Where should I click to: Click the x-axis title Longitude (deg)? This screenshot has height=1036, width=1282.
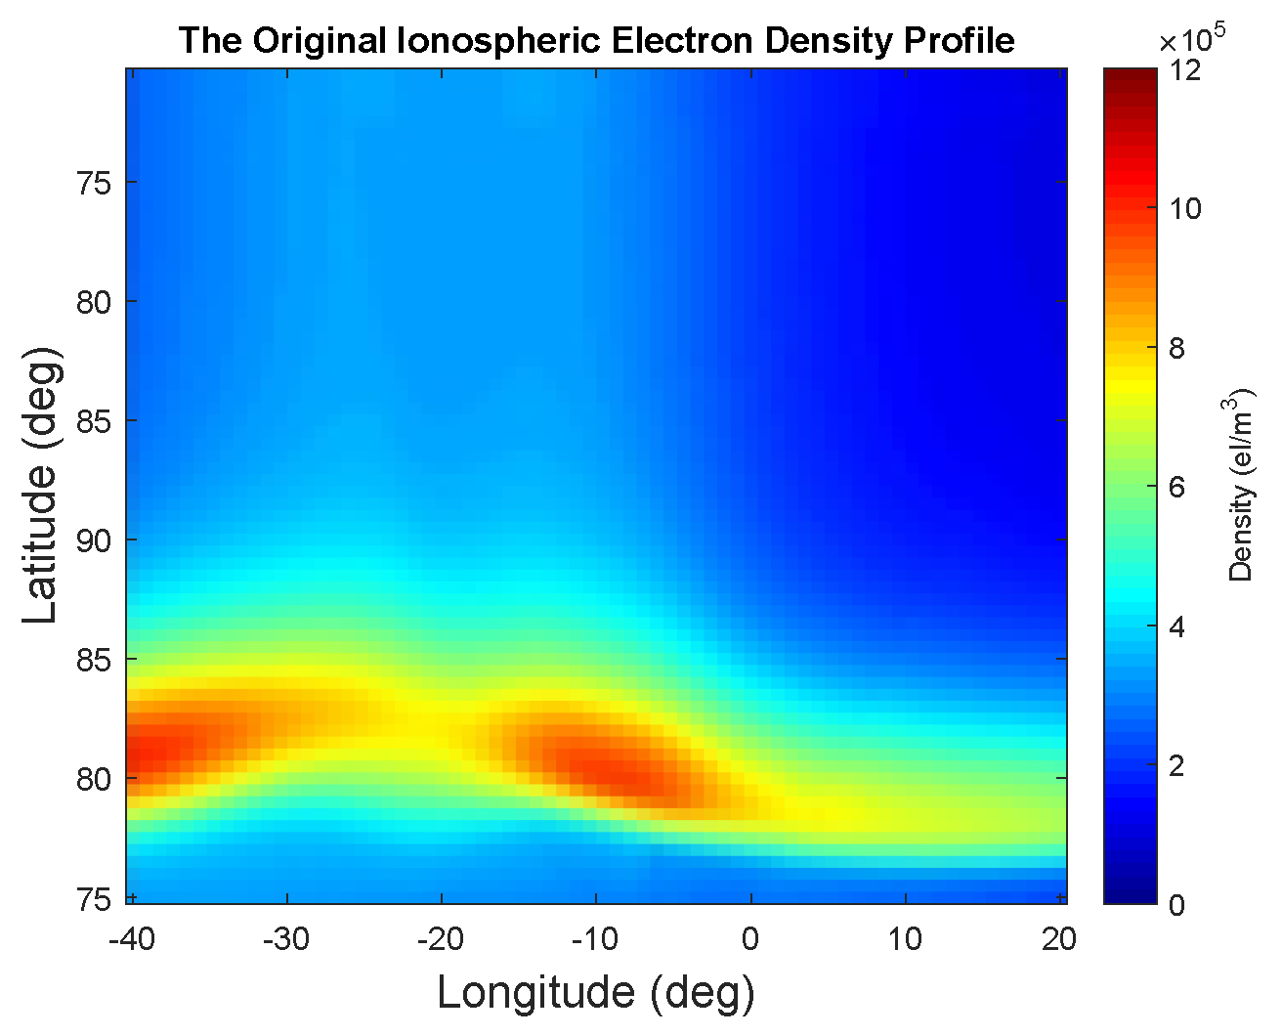pos(596,993)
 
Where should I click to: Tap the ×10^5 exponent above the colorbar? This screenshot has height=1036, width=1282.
pos(1191,41)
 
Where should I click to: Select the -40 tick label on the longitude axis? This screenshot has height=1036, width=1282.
pos(132,940)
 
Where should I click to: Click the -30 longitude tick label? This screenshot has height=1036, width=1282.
pos(286,940)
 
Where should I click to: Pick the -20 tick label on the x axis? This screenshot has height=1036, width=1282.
pos(441,940)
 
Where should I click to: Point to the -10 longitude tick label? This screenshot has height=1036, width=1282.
pos(595,940)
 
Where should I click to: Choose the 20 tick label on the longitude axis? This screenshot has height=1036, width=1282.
pos(1059,940)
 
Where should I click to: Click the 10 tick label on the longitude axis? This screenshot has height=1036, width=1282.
pos(905,940)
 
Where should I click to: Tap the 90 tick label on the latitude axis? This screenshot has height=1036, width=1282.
pos(94,540)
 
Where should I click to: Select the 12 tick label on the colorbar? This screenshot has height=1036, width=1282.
pos(1185,70)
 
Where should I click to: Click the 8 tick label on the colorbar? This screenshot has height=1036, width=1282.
pos(1177,348)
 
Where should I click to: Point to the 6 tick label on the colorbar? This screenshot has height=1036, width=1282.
pos(1177,487)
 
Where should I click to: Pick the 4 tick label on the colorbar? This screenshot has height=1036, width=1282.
pos(1177,626)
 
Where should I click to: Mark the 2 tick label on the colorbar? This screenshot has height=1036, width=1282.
pos(1177,765)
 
